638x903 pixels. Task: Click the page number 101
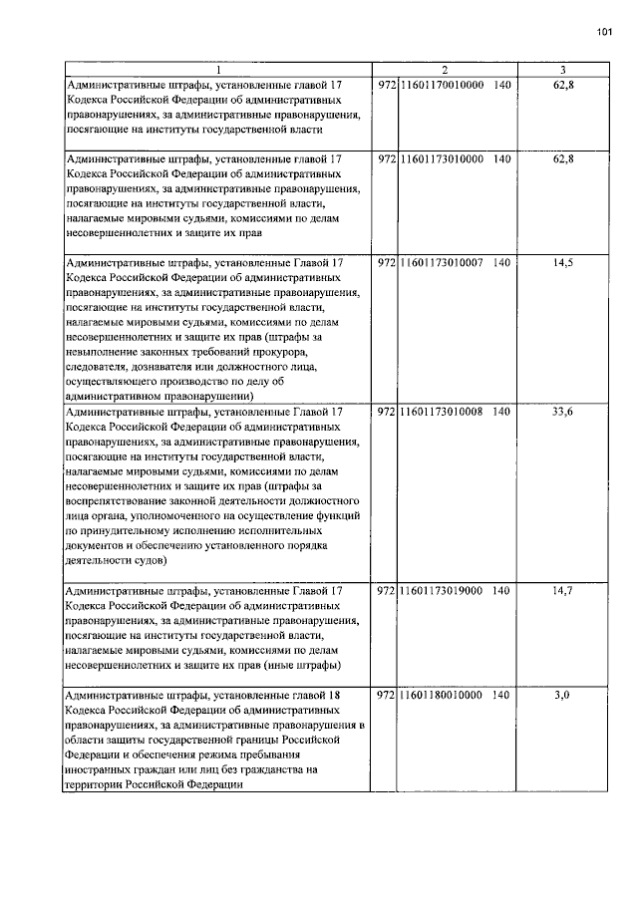point(604,32)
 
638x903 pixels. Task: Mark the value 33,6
point(563,411)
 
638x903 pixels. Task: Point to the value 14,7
point(563,591)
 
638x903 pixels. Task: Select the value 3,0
point(561,694)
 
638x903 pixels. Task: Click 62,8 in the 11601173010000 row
point(563,158)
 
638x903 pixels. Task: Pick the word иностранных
point(99,769)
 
